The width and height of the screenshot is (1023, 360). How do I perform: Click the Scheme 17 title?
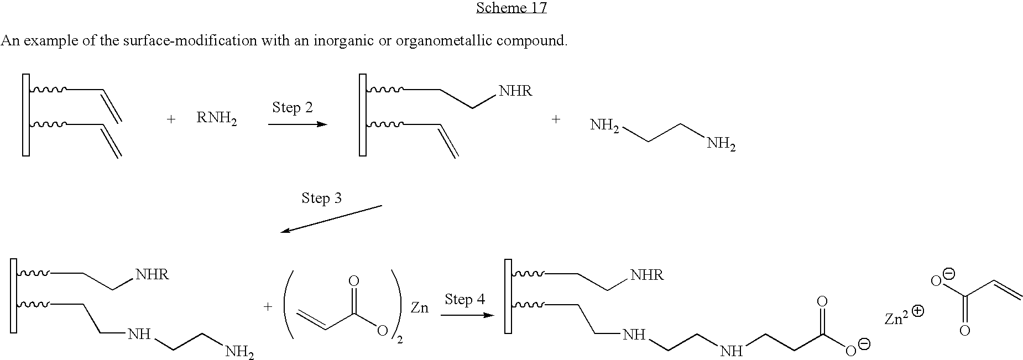click(511, 8)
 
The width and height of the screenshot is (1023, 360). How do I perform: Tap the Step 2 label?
click(292, 108)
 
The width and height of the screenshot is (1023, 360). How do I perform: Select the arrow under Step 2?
click(297, 124)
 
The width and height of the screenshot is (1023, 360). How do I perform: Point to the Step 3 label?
click(321, 199)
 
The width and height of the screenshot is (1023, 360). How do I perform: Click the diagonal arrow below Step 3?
click(331, 219)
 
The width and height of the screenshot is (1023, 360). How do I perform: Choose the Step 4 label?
click(464, 299)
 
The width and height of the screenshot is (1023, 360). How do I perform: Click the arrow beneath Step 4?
click(467, 315)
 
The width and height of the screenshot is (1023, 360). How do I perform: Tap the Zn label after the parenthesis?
click(419, 308)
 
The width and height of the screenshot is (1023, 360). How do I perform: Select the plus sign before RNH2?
click(171, 119)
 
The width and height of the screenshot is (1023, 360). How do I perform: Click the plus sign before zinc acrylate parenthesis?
click(268, 307)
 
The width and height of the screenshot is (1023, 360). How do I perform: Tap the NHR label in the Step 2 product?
click(515, 91)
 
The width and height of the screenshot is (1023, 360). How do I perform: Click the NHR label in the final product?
click(646, 275)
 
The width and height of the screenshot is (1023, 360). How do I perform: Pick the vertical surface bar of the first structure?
click(25, 115)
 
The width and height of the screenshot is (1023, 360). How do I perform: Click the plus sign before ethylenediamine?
click(556, 119)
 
